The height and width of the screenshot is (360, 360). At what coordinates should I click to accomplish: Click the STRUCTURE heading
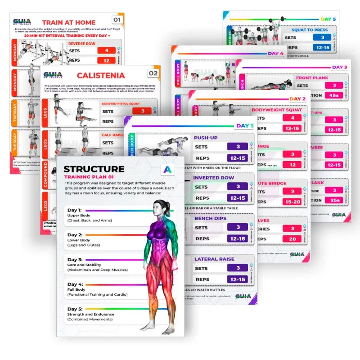click(94, 169)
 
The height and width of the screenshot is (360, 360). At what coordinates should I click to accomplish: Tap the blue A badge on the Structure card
click(167, 170)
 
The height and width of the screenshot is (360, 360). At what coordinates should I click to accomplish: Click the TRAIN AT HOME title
click(69, 22)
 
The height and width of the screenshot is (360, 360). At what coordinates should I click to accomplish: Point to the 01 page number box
click(117, 20)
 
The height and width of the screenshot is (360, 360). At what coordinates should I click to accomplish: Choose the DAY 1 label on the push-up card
click(244, 126)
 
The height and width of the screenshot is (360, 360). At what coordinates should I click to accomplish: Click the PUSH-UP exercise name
click(206, 138)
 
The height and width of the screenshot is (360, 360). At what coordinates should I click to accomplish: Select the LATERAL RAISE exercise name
click(214, 259)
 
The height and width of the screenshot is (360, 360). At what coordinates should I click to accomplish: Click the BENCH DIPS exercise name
click(210, 219)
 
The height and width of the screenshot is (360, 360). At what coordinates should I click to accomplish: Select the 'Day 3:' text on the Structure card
click(75, 260)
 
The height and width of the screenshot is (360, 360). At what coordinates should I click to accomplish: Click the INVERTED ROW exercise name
click(214, 178)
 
